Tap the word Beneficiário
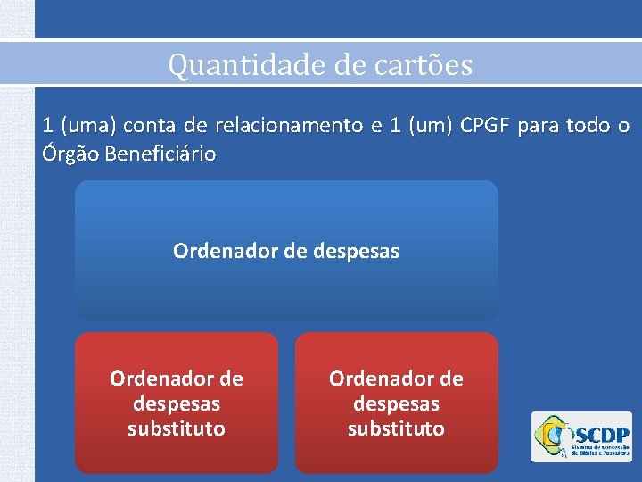[160, 154]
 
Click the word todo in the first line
[583, 126]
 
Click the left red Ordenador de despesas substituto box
[177, 403]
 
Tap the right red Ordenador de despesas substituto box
[396, 403]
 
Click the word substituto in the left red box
[177, 428]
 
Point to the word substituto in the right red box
[396, 428]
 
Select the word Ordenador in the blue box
[226, 252]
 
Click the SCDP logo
[580, 436]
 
